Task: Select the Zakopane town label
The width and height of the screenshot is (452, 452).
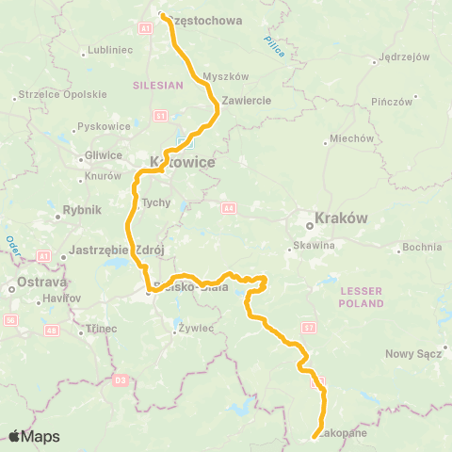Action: [x=344, y=435]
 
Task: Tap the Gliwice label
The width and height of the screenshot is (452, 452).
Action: [x=103, y=155]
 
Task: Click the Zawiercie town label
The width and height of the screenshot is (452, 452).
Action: [x=248, y=100]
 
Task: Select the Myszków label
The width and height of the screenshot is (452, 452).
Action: [x=226, y=77]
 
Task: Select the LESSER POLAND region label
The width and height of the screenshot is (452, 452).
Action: [x=363, y=299]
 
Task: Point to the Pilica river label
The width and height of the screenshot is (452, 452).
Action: [x=274, y=43]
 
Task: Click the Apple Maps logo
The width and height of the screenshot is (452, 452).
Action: [x=34, y=436]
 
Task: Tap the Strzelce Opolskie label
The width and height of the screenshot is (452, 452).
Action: [x=58, y=96]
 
